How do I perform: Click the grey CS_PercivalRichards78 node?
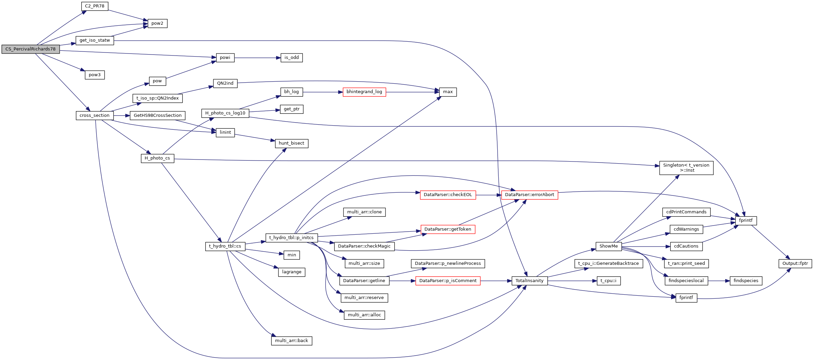point(30,49)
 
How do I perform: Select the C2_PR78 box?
point(95,6)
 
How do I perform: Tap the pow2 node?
point(157,23)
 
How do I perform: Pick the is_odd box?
point(291,58)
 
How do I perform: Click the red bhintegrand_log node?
point(364,92)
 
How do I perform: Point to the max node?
point(447,92)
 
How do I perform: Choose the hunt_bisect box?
point(291,143)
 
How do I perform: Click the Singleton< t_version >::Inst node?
point(686,168)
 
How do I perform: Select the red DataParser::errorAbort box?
point(529,195)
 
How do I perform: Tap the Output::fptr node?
point(795,263)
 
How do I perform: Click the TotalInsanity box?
point(529,281)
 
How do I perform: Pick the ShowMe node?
point(608,246)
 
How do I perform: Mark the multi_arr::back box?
point(291,341)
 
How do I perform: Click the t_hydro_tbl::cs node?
point(225,246)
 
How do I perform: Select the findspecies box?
point(746,281)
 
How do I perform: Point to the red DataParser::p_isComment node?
point(447,281)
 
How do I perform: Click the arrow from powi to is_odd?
point(257,58)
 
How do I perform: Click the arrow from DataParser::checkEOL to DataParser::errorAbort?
point(488,195)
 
